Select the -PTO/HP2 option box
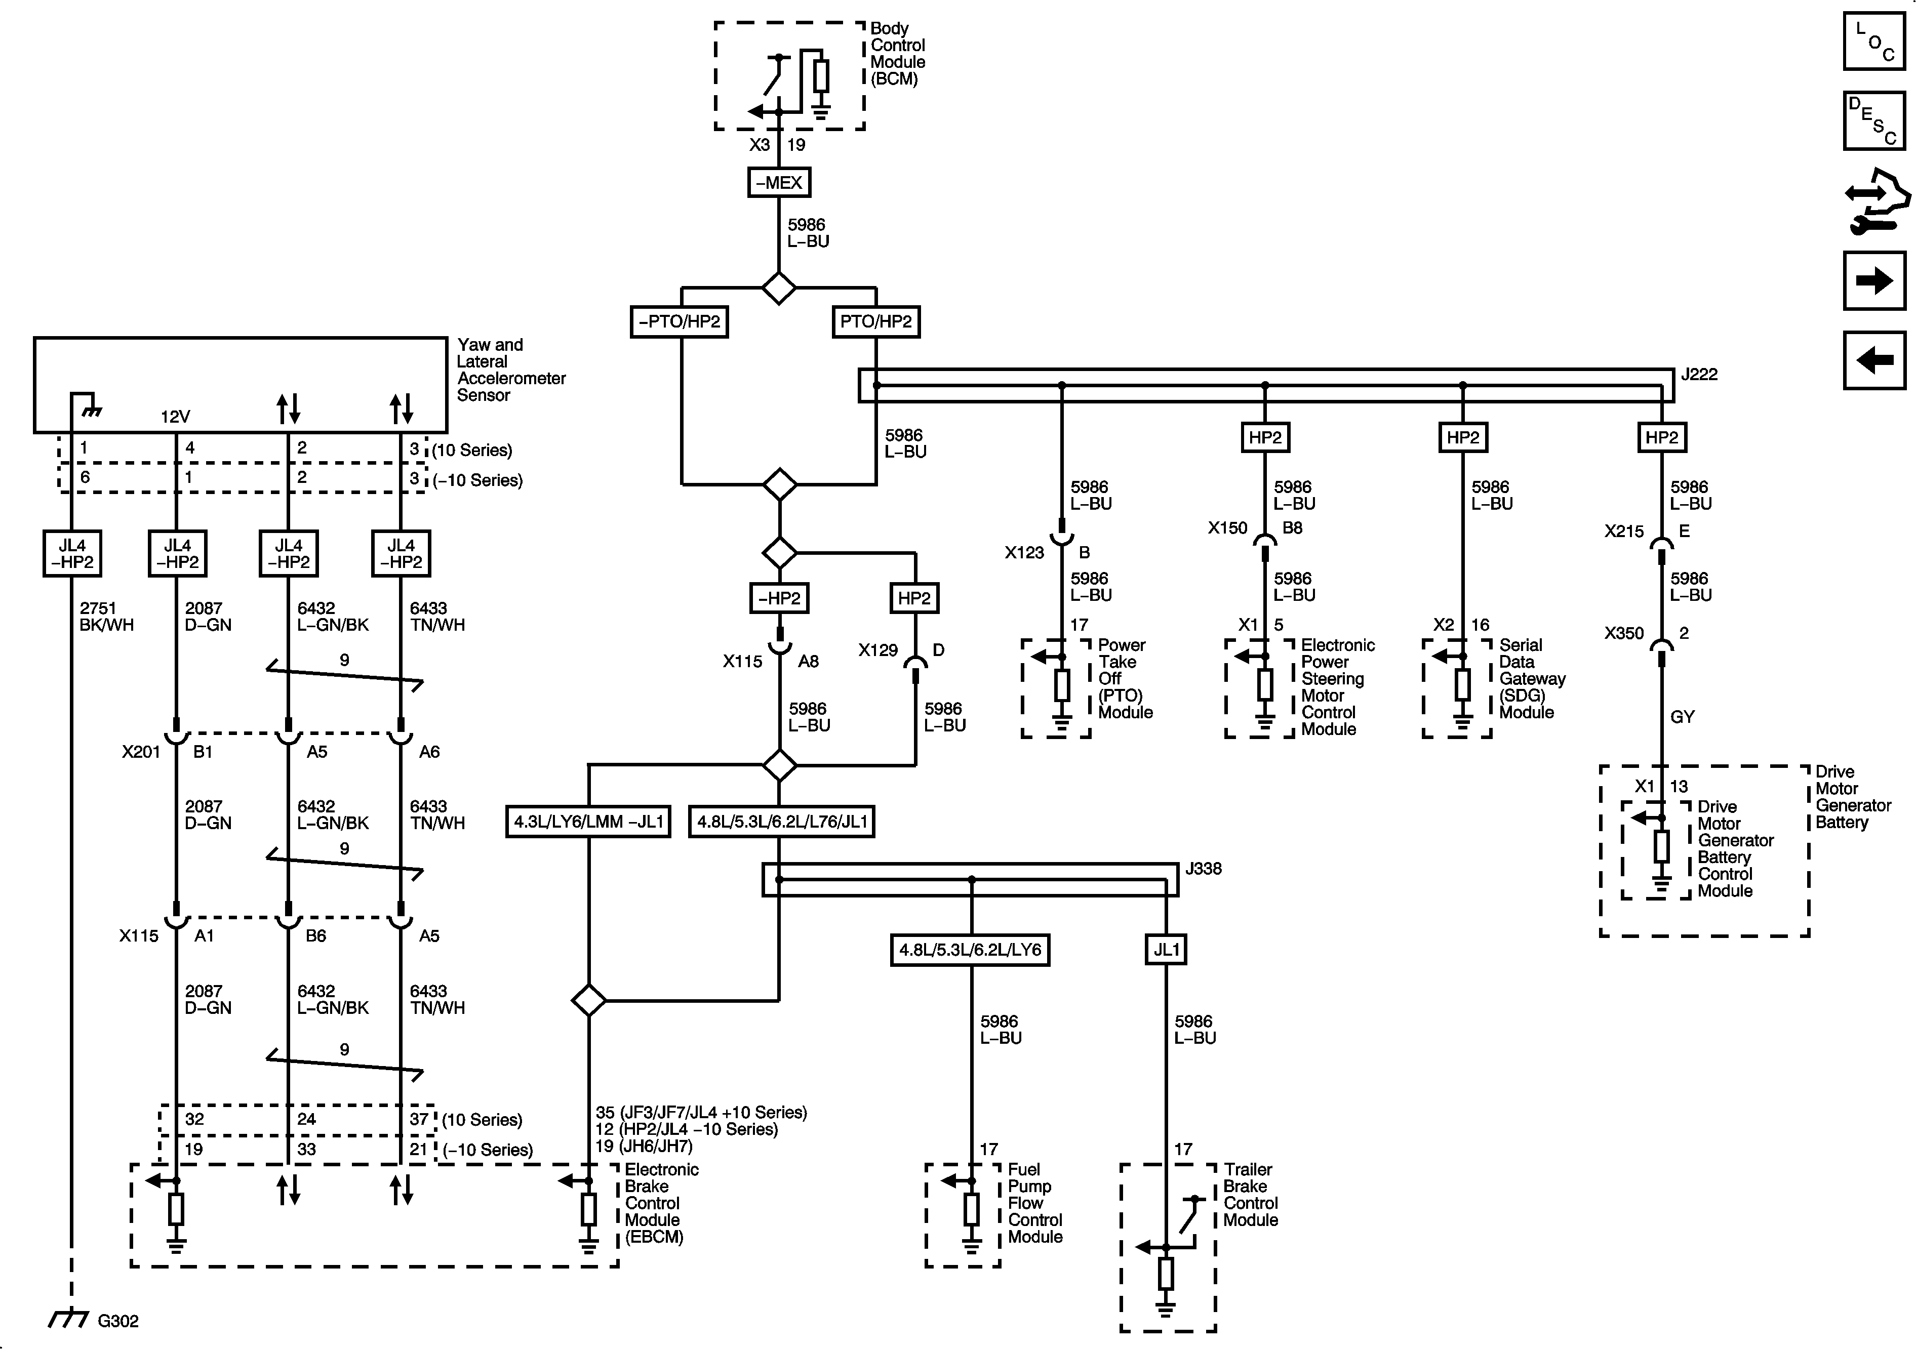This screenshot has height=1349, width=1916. (680, 321)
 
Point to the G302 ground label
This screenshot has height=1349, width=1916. (117, 1321)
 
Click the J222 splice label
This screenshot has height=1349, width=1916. (1699, 375)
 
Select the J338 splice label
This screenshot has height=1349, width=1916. (1204, 869)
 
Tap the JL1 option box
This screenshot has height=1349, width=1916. (1166, 950)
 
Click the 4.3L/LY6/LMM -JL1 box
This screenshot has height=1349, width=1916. (588, 822)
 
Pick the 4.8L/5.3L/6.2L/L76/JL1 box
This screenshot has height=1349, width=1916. (782, 822)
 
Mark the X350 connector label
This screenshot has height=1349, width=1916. (1623, 633)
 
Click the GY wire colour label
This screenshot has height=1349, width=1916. (1683, 717)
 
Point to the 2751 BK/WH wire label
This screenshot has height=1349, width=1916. (106, 617)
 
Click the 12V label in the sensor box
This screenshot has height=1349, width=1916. (175, 416)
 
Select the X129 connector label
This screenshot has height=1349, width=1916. (878, 650)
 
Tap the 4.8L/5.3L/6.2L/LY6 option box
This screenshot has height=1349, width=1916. (970, 950)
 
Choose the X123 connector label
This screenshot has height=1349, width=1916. (1024, 552)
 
